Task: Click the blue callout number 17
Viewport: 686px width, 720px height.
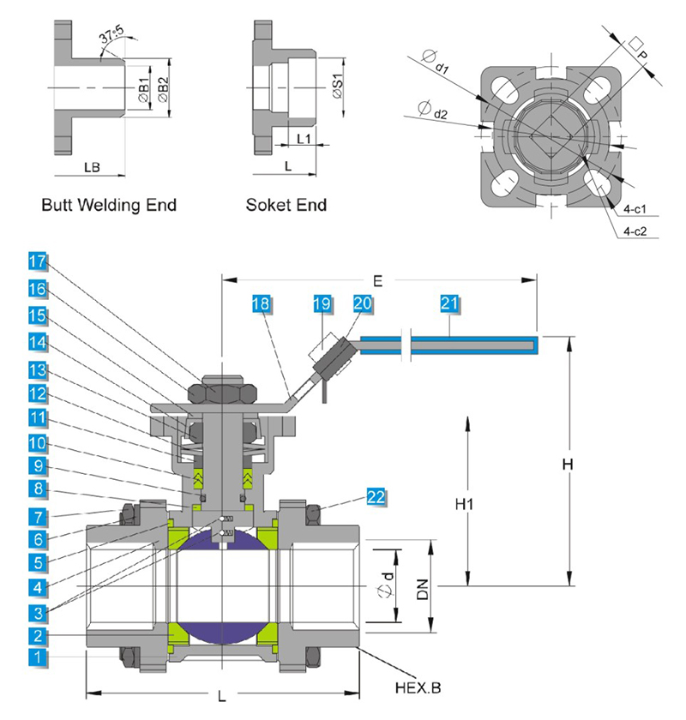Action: (36, 261)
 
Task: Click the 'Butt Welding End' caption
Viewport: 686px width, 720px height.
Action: (109, 205)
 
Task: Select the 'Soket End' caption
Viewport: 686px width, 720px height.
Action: (286, 205)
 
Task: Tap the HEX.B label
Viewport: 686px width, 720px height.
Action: (418, 687)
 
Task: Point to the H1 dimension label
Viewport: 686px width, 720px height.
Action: (465, 506)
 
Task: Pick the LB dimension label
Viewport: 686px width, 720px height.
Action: (93, 168)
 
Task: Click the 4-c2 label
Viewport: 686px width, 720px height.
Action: (635, 231)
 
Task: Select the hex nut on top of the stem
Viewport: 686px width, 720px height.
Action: (222, 390)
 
